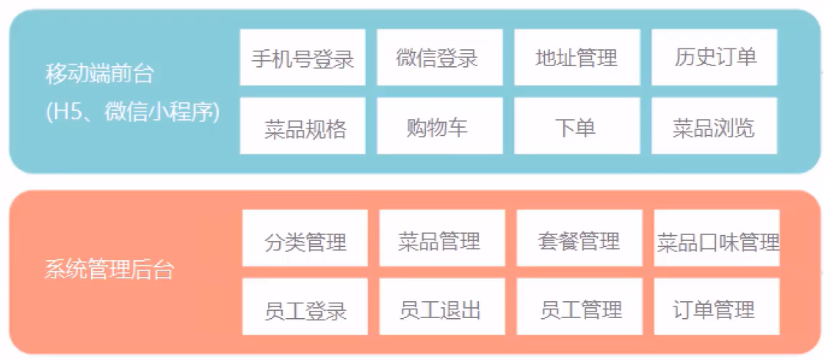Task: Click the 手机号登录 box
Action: point(303,57)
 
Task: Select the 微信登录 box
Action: point(439,57)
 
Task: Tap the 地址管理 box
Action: point(577,57)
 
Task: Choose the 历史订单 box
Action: point(714,57)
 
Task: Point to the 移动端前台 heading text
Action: point(100,73)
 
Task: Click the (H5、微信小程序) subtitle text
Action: point(132,112)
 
